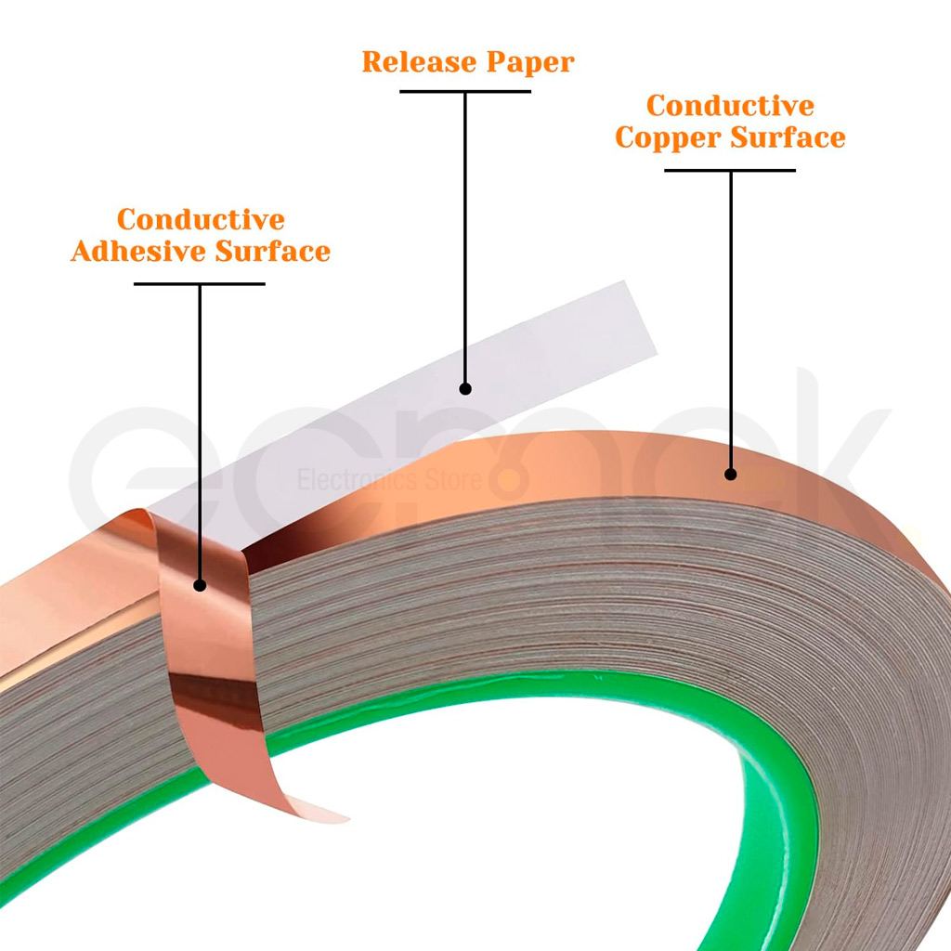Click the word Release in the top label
coord(411,62)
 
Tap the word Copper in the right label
coord(669,137)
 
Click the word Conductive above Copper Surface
coord(730,106)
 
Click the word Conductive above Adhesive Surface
coord(201,220)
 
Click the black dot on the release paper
coord(465,388)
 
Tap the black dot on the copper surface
coord(730,474)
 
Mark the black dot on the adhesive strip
coord(200,585)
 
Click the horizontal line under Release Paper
coord(465,91)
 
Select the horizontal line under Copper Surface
coord(730,170)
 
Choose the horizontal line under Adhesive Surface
coord(200,283)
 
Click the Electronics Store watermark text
coord(390,480)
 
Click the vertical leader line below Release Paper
coord(465,232)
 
